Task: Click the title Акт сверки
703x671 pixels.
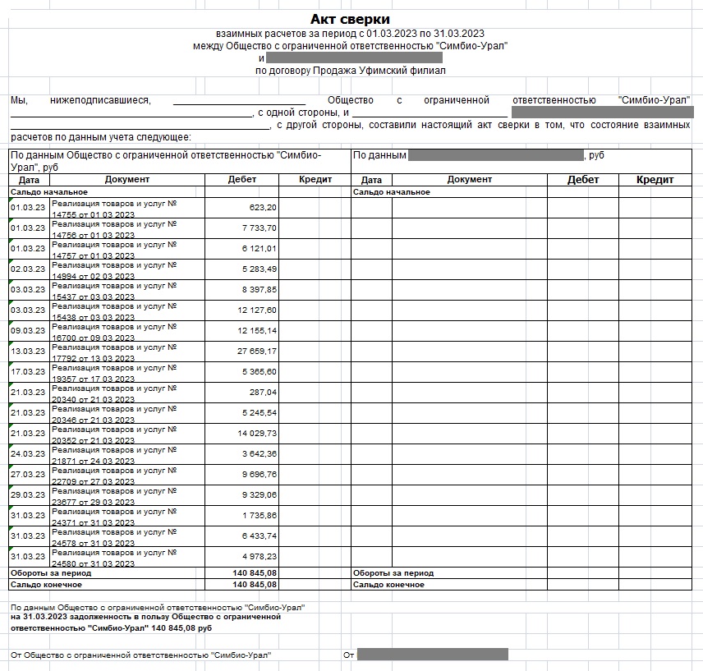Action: (x=350, y=19)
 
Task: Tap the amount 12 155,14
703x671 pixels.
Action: (x=257, y=331)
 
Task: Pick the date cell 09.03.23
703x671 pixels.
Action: (x=28, y=331)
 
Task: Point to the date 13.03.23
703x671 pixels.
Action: (x=28, y=352)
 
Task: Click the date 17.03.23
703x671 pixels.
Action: (x=28, y=372)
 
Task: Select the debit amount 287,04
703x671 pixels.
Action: (x=263, y=393)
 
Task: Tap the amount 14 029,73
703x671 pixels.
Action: (x=257, y=434)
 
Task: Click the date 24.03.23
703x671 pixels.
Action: (x=28, y=454)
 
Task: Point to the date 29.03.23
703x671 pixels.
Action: (x=28, y=495)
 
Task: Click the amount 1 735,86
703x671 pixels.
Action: (x=260, y=516)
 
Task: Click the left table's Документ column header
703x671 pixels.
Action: (x=127, y=179)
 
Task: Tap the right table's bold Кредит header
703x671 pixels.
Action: (x=655, y=180)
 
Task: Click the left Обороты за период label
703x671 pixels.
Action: (x=50, y=573)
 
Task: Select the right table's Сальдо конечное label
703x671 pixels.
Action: (x=388, y=585)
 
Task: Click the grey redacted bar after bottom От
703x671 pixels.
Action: (x=432, y=655)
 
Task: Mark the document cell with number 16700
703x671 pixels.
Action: (x=115, y=331)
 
